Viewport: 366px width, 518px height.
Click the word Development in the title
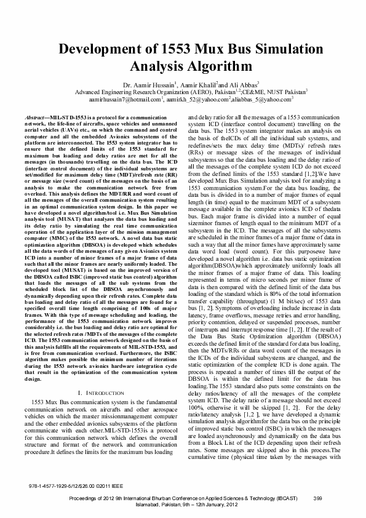pyautogui.click(x=100, y=50)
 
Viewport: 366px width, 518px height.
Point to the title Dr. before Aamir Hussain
pyautogui.click(x=128, y=84)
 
